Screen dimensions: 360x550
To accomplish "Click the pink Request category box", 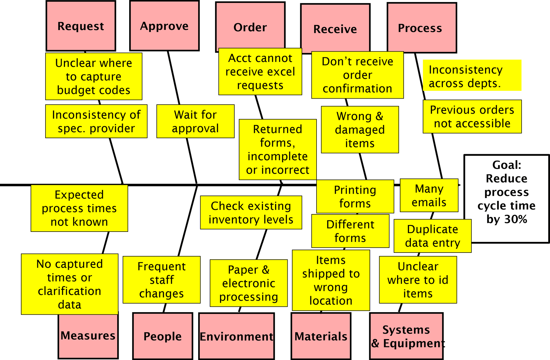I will [81, 26].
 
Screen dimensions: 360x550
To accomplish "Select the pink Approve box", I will [164, 26].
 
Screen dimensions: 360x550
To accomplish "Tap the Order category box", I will [250, 27].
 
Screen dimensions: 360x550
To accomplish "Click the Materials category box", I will [321, 336].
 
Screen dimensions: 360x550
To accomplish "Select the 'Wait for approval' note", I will [195, 122].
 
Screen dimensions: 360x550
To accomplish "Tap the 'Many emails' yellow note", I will [429, 195].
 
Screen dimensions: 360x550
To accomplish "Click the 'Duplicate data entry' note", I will [433, 236].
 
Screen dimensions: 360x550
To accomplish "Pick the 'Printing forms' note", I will [355, 197].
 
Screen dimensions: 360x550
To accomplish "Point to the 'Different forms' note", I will [350, 231].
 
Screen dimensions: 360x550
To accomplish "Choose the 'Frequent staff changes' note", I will [162, 280].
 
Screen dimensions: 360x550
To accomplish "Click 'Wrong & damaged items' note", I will [360, 130].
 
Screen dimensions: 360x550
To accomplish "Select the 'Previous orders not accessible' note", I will [472, 117].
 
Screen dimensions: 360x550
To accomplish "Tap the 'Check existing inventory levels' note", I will [251, 213].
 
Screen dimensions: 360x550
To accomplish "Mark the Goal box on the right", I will [506, 198].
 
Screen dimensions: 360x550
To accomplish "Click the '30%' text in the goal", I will [516, 220].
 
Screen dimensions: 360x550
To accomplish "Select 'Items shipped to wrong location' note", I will [331, 280].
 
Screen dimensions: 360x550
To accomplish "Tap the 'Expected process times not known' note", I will [79, 208].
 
